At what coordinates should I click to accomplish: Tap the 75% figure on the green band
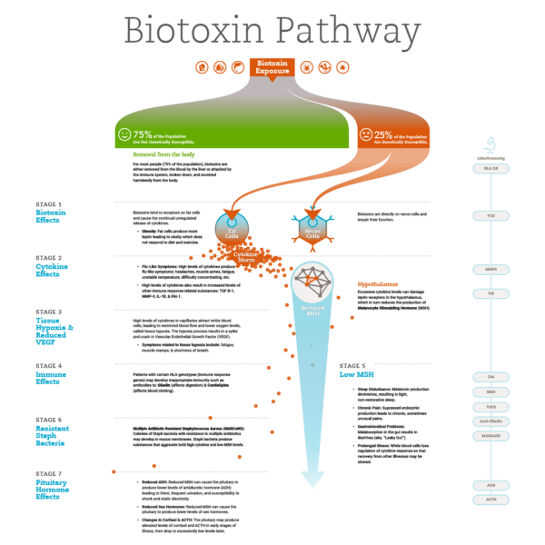click(142, 134)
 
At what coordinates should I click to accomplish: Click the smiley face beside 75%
click(124, 135)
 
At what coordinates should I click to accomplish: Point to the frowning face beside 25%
click(365, 135)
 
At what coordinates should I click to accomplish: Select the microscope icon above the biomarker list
click(489, 143)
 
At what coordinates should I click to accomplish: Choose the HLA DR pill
click(490, 168)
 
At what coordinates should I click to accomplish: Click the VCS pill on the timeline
click(490, 215)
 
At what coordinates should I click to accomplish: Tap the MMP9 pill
click(490, 269)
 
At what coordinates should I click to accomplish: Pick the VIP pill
click(490, 292)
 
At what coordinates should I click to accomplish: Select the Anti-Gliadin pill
click(490, 421)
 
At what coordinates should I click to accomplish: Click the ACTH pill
click(490, 500)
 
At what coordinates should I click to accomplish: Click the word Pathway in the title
click(346, 32)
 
